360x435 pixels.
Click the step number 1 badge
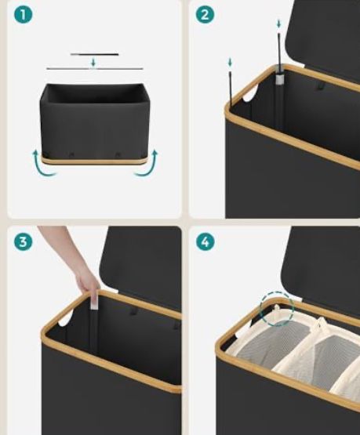[x=24, y=15]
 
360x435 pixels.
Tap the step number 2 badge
[x=205, y=15]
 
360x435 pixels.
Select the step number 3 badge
[x=24, y=241]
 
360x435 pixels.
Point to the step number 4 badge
[x=205, y=241]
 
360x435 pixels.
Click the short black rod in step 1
[x=94, y=54]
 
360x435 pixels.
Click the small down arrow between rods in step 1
[x=93, y=63]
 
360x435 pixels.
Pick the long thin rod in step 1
[x=95, y=68]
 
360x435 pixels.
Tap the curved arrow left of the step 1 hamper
[x=42, y=165]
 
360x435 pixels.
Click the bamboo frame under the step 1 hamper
[x=93, y=161]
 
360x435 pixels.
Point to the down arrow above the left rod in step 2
[x=230, y=62]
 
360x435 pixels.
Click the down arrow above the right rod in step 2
[x=278, y=24]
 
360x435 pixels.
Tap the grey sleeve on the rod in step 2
[x=279, y=79]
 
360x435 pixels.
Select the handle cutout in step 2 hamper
[x=250, y=93]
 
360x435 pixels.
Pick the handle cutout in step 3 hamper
[x=66, y=317]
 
